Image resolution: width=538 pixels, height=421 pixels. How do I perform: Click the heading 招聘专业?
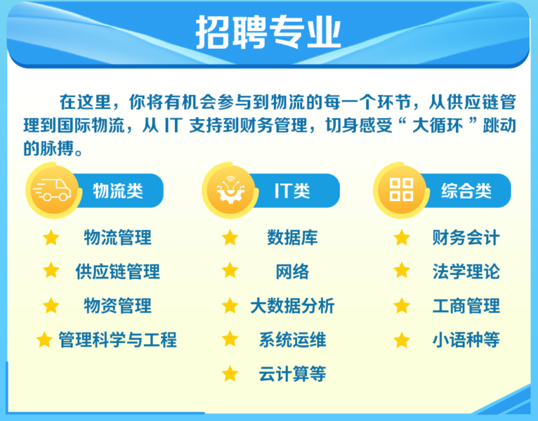click(268, 32)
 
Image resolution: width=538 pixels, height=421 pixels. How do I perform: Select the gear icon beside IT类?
click(230, 190)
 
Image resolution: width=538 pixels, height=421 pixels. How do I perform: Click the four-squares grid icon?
click(401, 190)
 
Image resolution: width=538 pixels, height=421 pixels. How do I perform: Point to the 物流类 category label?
click(118, 191)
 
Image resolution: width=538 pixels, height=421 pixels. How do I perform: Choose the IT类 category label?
click(292, 191)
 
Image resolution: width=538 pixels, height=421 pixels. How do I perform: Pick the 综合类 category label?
click(466, 191)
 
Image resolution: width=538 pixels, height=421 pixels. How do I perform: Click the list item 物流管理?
click(118, 237)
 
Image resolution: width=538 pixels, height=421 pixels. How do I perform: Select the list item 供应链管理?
click(118, 272)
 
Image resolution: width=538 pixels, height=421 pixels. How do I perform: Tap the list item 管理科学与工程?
click(118, 340)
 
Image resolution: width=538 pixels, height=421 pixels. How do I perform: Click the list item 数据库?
click(292, 237)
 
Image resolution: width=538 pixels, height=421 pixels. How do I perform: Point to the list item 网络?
click(292, 272)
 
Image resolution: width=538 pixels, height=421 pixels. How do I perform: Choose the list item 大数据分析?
click(292, 306)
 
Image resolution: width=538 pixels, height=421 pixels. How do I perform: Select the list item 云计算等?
click(292, 374)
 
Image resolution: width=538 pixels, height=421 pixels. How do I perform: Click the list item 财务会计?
click(466, 237)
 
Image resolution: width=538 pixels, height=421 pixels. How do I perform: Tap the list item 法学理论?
click(466, 272)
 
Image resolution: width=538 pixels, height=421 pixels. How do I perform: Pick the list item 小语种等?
click(466, 340)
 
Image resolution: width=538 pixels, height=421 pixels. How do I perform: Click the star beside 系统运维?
click(230, 339)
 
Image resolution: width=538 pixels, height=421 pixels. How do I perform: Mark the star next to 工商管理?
click(402, 306)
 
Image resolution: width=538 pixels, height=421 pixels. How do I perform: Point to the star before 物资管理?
click(51, 306)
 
